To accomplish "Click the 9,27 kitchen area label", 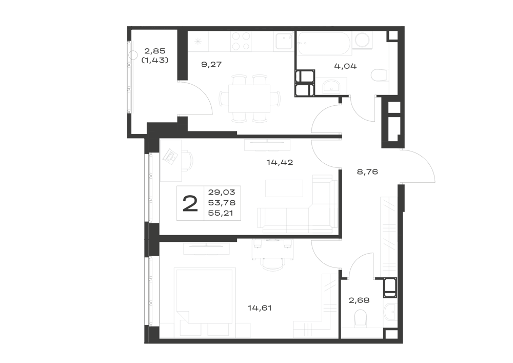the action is point(211,65).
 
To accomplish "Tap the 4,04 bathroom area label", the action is point(345,66).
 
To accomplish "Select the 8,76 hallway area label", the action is point(367,171).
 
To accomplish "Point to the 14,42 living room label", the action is point(280,162).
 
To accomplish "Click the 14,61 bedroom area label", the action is point(260,308).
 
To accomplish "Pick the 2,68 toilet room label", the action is point(359,300).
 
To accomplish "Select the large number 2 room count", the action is point(190,203).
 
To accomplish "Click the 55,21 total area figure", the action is point(222,214).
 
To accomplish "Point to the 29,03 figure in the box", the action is point(222,192).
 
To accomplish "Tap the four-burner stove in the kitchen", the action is point(241,41).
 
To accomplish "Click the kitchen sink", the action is point(284,41).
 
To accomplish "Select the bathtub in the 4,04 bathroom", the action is point(324,44).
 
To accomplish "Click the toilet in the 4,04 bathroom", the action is point(380,75).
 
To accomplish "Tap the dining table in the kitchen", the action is point(249,99).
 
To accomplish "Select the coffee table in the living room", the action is point(284,188).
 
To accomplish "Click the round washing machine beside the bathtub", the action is point(362,40).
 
